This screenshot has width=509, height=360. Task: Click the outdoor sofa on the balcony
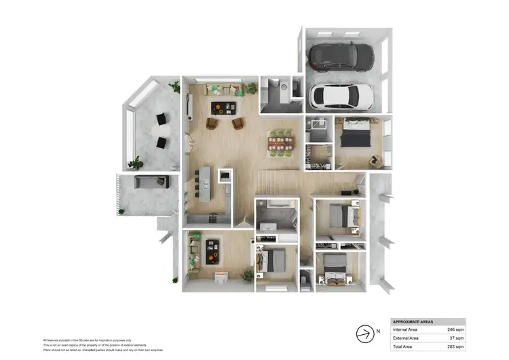pyautogui.click(x=151, y=181)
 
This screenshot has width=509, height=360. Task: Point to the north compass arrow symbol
pyautogui.click(x=365, y=333)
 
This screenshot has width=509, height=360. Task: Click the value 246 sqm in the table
pyautogui.click(x=454, y=329)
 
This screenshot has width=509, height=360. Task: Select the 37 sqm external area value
pyautogui.click(x=456, y=338)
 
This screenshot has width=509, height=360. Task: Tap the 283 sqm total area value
pyautogui.click(x=454, y=346)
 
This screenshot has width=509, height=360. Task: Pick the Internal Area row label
pyautogui.click(x=406, y=329)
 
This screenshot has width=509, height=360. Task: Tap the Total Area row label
pyautogui.click(x=403, y=346)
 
